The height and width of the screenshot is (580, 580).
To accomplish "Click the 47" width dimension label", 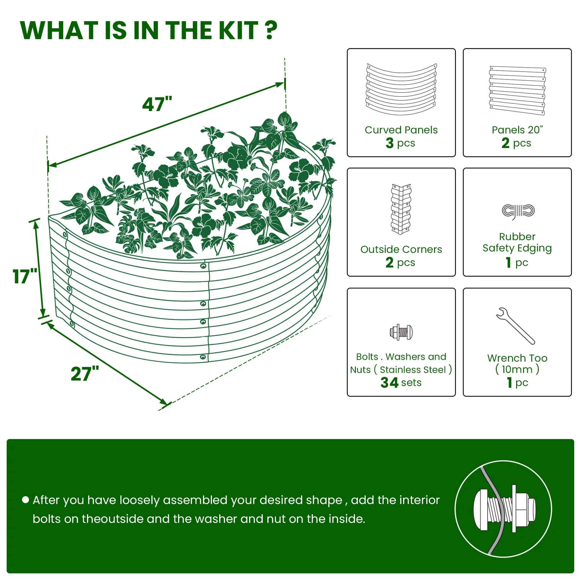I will pos(157,104).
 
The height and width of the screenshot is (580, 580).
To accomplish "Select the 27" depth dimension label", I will pos(85,374).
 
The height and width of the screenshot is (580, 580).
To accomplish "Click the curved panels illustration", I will pos(401,89).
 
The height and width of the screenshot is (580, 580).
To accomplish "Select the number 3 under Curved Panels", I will pos(389,143).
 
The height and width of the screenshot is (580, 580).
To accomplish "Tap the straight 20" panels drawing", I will pos(517,90).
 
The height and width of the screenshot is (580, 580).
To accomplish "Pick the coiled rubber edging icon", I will pos(518,211).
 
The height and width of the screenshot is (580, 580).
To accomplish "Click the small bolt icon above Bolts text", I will pos(401,332).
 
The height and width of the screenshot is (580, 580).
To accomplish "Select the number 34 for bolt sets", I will pos(389,383).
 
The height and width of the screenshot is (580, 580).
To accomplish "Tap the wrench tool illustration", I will pos(515,326).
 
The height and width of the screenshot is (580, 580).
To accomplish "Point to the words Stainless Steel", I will pos(412,369).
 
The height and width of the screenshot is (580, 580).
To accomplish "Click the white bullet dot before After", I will pos(26,500).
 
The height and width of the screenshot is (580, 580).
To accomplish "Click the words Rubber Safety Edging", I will pos(517,242).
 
